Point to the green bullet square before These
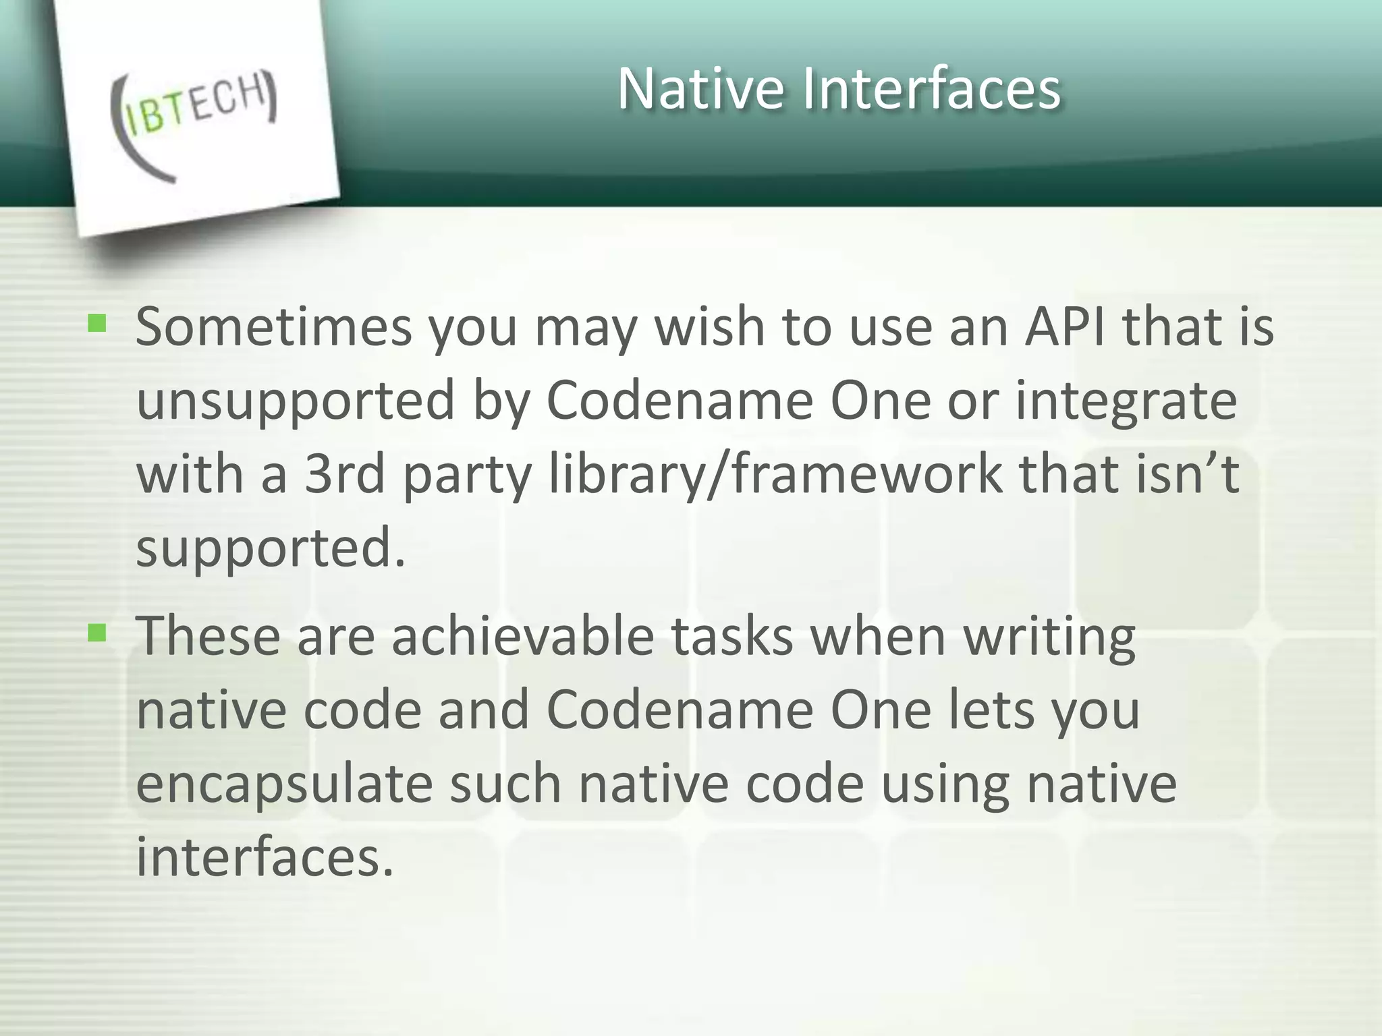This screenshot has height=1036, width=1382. (97, 633)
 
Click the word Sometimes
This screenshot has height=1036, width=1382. (273, 326)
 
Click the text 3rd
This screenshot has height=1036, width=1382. (345, 473)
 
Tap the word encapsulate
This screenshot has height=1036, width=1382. (284, 784)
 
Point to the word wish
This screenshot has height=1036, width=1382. (709, 326)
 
